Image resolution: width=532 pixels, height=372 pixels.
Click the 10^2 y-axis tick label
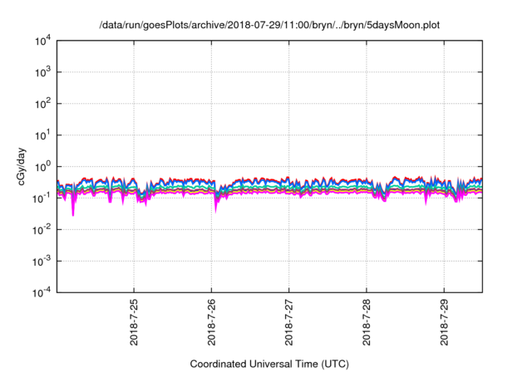pyautogui.click(x=42, y=103)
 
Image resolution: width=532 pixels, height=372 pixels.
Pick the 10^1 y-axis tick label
pyautogui.click(x=42, y=135)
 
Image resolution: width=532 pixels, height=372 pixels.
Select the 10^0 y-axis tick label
pyautogui.click(x=42, y=166)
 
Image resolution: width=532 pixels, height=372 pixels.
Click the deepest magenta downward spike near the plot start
pyautogui.click(x=72, y=214)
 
